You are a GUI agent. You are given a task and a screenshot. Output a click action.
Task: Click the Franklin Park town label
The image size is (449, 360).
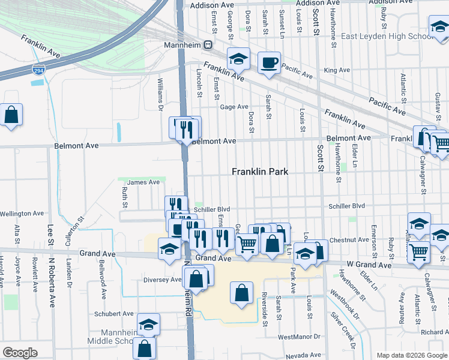[x=260, y=172]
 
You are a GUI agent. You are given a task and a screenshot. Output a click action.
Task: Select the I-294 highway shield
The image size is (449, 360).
[x=36, y=70]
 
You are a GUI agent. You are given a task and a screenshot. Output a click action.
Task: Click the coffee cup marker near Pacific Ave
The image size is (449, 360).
[x=269, y=62]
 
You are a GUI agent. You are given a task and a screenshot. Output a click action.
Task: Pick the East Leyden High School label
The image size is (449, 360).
[x=387, y=37]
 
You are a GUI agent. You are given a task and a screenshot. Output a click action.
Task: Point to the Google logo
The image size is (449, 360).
[x=20, y=353]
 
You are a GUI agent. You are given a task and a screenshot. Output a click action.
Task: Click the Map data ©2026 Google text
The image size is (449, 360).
[x=411, y=355]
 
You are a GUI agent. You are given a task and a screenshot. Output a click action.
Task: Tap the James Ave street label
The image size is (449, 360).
[x=143, y=182]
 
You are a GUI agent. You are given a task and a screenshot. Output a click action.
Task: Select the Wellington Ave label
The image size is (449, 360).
[x=22, y=213]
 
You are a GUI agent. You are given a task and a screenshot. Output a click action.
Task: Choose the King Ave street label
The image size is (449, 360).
[x=336, y=70]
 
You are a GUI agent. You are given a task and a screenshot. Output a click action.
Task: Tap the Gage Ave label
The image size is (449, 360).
[x=234, y=107]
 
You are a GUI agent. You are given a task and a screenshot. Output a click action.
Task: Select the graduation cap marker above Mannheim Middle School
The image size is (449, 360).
[x=148, y=325]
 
